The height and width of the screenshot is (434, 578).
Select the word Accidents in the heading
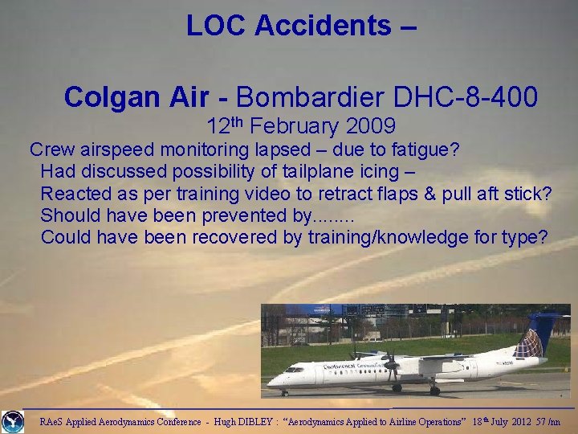(x=324, y=26)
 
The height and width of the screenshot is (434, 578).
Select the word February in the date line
(x=299, y=126)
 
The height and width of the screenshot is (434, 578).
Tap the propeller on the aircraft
(x=393, y=371)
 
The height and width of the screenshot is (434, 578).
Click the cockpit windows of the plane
(x=294, y=371)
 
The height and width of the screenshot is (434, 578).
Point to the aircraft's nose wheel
(x=283, y=391)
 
